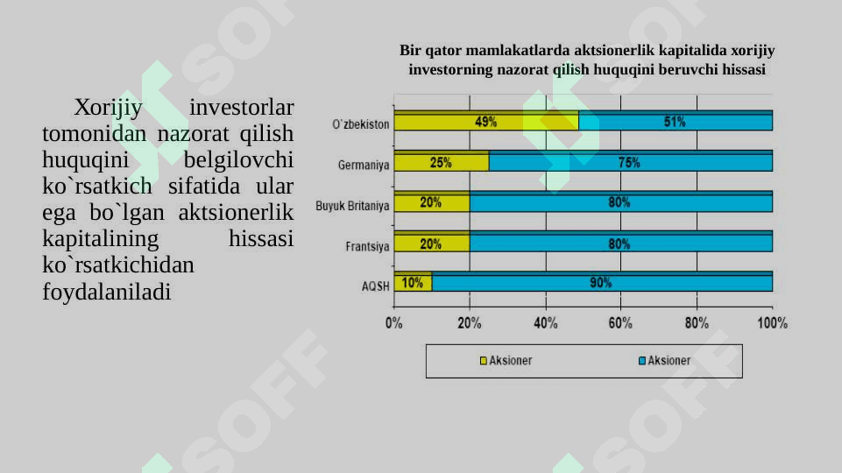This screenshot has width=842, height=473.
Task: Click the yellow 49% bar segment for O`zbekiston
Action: [x=486, y=122]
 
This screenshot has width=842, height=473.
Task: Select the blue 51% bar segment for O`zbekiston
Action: [x=676, y=122]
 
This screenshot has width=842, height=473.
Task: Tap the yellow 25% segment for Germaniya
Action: [x=441, y=162]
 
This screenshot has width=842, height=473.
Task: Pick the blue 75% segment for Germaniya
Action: [x=630, y=162]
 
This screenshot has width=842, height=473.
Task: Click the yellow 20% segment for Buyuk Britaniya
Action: [x=431, y=202]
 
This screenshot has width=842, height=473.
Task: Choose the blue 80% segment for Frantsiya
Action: [x=620, y=244]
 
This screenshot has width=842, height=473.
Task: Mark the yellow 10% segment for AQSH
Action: [x=413, y=283]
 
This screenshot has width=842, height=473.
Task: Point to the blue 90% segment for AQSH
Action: [x=602, y=283]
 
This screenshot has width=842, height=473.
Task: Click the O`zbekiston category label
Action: [x=361, y=124]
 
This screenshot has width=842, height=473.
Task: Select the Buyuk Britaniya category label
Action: [x=352, y=206]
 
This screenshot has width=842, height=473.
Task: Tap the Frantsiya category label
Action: [x=367, y=247]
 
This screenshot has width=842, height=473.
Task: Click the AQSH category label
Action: [x=376, y=286]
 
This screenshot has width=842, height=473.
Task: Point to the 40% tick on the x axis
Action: [x=546, y=323]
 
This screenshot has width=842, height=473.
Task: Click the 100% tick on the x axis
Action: [x=772, y=323]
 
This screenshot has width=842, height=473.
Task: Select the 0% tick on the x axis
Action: [x=394, y=323]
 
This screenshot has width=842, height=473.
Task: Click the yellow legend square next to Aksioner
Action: [x=483, y=361]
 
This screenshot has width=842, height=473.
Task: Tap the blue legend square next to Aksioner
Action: [x=642, y=361]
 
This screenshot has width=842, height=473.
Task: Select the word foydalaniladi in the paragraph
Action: [x=106, y=291]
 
